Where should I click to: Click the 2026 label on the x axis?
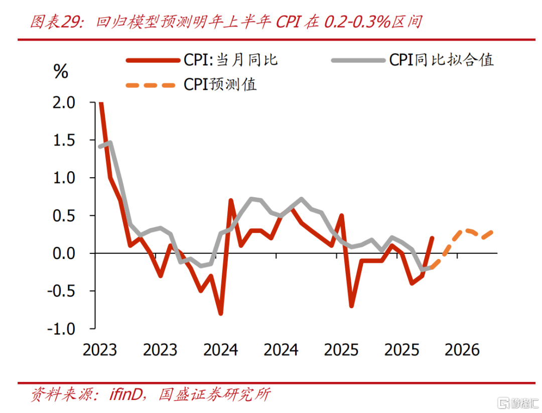(x=463, y=349)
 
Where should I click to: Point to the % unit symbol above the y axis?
(x=60, y=71)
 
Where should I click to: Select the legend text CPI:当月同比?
(x=230, y=60)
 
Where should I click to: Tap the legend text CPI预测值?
(x=220, y=84)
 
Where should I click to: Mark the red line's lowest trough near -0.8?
(x=220, y=313)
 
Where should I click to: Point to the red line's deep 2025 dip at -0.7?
(x=351, y=306)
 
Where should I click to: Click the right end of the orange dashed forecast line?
(x=492, y=232)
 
